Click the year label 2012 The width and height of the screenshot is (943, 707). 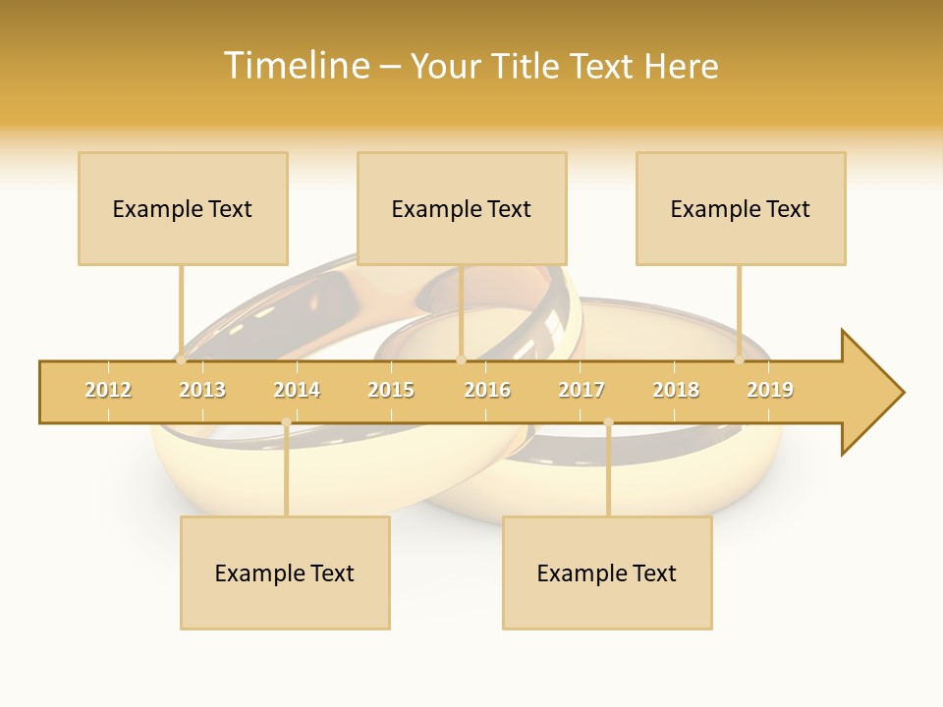point(108,390)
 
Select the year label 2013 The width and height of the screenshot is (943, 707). point(202,390)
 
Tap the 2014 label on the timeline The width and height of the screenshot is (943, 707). point(297,390)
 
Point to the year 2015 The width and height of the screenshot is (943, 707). point(391,390)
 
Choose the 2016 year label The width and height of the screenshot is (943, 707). point(487,390)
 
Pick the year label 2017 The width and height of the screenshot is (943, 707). point(582,390)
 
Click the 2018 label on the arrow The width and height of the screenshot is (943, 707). point(676,390)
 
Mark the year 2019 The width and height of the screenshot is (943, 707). point(770,390)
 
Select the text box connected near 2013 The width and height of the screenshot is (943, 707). point(183,208)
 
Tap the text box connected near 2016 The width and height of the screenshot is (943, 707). point(462,208)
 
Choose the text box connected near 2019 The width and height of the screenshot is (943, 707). point(741,208)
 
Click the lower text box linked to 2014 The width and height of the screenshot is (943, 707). point(285,572)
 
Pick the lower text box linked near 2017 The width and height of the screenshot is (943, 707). point(607,572)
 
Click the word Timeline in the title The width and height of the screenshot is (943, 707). point(295,66)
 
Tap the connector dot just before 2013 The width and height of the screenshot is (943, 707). point(181,359)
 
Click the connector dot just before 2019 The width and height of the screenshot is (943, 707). point(740,359)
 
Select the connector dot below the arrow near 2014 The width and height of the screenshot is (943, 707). point(286,422)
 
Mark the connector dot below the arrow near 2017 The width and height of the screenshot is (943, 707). point(608,422)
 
